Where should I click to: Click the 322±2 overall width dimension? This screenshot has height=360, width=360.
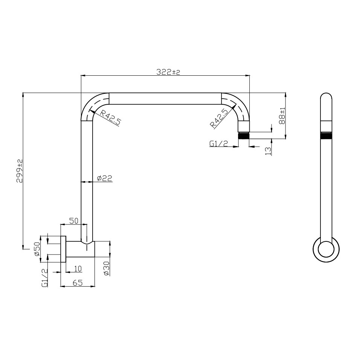pos(168,72)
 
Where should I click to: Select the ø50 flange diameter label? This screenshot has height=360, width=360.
pos(37,249)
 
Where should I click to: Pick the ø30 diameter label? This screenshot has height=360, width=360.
pos(107,267)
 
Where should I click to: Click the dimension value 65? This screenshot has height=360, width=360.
pos(78,283)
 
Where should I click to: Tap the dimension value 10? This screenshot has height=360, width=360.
pos(78,268)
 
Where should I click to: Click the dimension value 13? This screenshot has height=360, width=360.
pos(268,150)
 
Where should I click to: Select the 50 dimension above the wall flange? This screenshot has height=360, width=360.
pos(73,221)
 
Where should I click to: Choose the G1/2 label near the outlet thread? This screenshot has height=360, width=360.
pos(219,143)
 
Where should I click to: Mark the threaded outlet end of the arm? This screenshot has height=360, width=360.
pos(244,136)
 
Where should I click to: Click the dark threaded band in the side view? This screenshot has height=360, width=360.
pos(326,136)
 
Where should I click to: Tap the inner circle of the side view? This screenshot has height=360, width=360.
pos(326,250)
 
